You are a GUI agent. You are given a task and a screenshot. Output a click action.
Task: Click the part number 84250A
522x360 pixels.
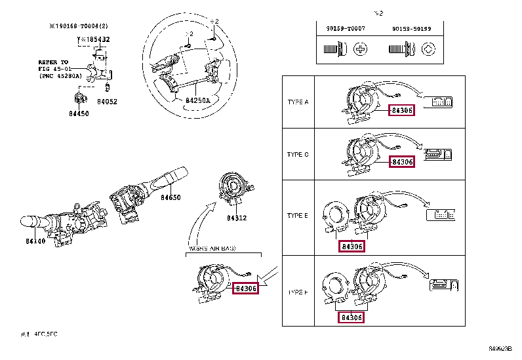[x=197, y=101]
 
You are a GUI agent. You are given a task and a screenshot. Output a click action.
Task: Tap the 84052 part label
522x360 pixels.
[x=107, y=102]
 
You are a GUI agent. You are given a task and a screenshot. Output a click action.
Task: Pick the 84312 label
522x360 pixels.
[x=237, y=218]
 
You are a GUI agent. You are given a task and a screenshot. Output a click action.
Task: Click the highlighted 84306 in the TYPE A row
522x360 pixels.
[x=401, y=111]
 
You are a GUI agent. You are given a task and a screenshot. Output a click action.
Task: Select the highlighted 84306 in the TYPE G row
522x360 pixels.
[x=401, y=161]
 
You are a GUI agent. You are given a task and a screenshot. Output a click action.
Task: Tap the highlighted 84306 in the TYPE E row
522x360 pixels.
[x=351, y=246]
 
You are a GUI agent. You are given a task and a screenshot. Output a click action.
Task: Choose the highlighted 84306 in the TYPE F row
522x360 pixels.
[x=351, y=317]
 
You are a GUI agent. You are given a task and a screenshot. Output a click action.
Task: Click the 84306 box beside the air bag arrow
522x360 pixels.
[x=246, y=288]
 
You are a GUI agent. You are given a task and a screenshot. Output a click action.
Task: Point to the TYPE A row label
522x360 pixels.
[x=298, y=102]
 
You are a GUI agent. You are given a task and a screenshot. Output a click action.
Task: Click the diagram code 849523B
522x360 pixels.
[x=501, y=350]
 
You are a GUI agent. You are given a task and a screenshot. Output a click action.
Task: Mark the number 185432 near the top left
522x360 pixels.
[x=95, y=39]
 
